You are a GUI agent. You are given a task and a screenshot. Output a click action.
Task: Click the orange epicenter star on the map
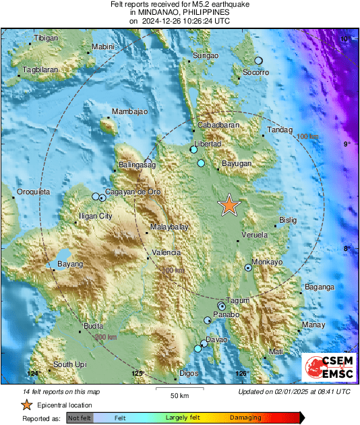(230, 206)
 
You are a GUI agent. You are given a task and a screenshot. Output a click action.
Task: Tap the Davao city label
(216, 339)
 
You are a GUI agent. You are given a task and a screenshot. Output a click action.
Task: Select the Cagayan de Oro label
(133, 192)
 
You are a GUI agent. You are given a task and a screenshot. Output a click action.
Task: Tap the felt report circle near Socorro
(258, 61)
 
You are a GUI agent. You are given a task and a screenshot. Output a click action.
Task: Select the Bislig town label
(287, 221)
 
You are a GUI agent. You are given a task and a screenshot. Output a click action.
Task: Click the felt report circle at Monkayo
(248, 268)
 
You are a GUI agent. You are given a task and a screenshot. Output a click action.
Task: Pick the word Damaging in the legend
(245, 418)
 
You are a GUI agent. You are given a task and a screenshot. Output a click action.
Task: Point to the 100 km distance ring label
(307, 137)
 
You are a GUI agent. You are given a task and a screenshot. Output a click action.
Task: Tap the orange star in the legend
(26, 405)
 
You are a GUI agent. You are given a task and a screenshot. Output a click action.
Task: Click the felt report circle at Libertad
(193, 150)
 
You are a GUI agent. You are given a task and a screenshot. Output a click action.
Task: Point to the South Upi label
(70, 365)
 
